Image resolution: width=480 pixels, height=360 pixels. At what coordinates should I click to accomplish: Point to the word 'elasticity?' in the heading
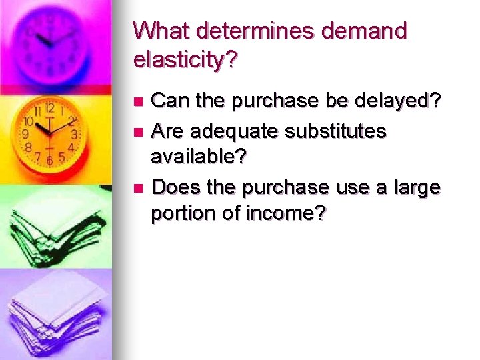pyautogui.click(x=185, y=61)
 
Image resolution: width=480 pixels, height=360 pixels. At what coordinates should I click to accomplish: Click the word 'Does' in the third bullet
pyautogui.click(x=173, y=187)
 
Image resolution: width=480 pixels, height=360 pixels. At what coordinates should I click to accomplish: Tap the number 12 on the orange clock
pyautogui.click(x=50, y=108)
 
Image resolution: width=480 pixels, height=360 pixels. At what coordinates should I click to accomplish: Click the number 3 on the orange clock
pyautogui.click(x=75, y=134)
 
